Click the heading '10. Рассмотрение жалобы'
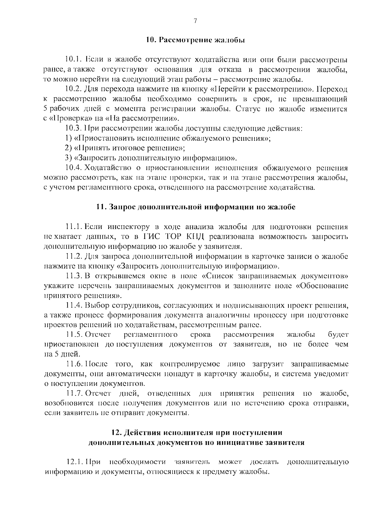(195, 40)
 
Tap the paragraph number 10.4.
(73, 168)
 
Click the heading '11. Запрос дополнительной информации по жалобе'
(196, 207)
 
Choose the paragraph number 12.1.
(75, 462)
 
